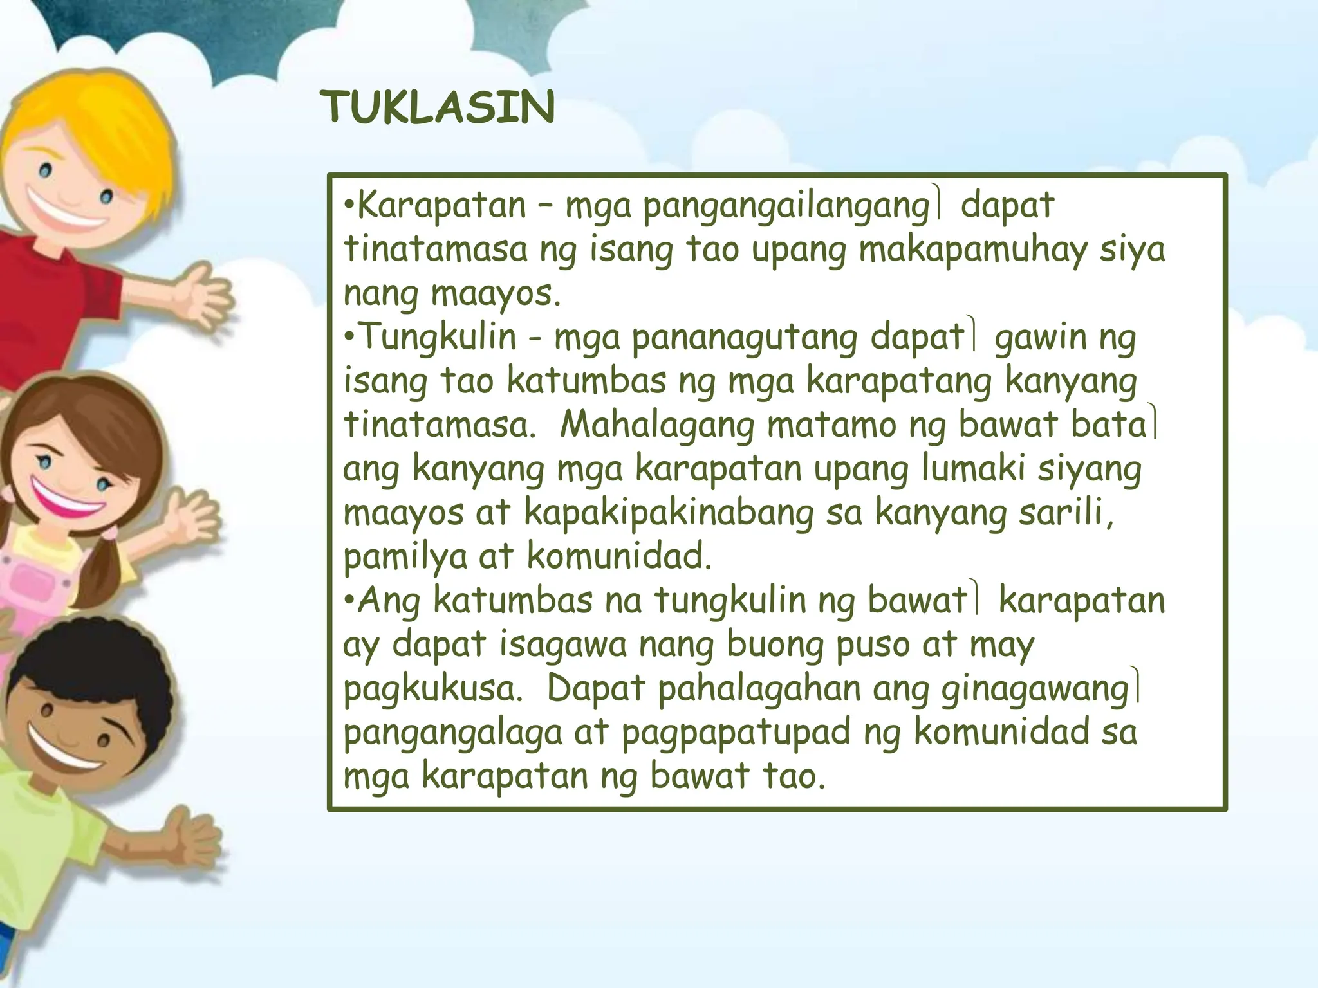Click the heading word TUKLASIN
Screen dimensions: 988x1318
point(437,107)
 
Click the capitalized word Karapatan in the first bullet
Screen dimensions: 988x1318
point(441,206)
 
